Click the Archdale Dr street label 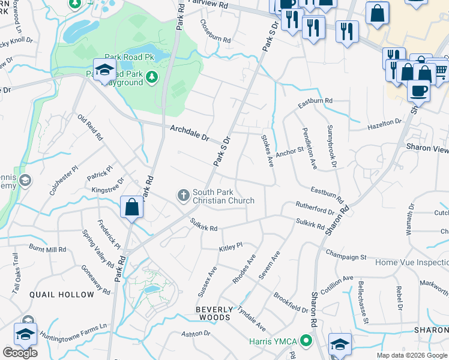(189, 133)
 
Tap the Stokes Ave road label (267, 151)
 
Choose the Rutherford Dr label (315, 208)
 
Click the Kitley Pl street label (231, 247)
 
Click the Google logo (20, 352)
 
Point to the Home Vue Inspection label (412, 263)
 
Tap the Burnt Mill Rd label (47, 248)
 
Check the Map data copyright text (411, 355)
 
